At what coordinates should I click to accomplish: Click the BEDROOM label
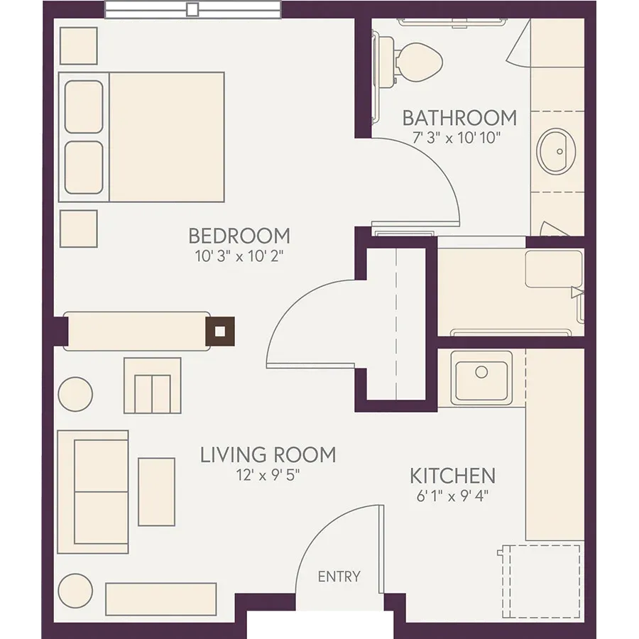click(239, 236)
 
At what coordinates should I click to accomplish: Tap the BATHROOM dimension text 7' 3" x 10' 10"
click(457, 138)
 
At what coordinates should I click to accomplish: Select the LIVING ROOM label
click(268, 455)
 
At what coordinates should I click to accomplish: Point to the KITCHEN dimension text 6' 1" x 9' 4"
click(452, 496)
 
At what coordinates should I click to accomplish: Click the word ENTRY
click(339, 577)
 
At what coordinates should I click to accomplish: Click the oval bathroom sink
click(556, 152)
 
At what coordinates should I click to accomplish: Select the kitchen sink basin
click(481, 378)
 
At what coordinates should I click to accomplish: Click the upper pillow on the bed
click(84, 106)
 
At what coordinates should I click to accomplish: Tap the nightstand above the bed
click(79, 46)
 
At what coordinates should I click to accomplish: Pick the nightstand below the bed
click(79, 229)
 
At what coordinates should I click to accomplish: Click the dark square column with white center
click(220, 332)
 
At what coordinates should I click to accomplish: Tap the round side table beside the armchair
click(75, 394)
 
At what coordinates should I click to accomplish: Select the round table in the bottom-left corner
click(75, 591)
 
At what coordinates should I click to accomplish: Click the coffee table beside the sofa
click(156, 492)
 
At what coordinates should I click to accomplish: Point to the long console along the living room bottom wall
click(161, 599)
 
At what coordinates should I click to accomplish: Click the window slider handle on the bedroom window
click(192, 9)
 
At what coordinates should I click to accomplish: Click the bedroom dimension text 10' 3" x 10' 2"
click(239, 256)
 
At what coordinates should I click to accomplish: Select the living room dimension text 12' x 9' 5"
click(268, 475)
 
